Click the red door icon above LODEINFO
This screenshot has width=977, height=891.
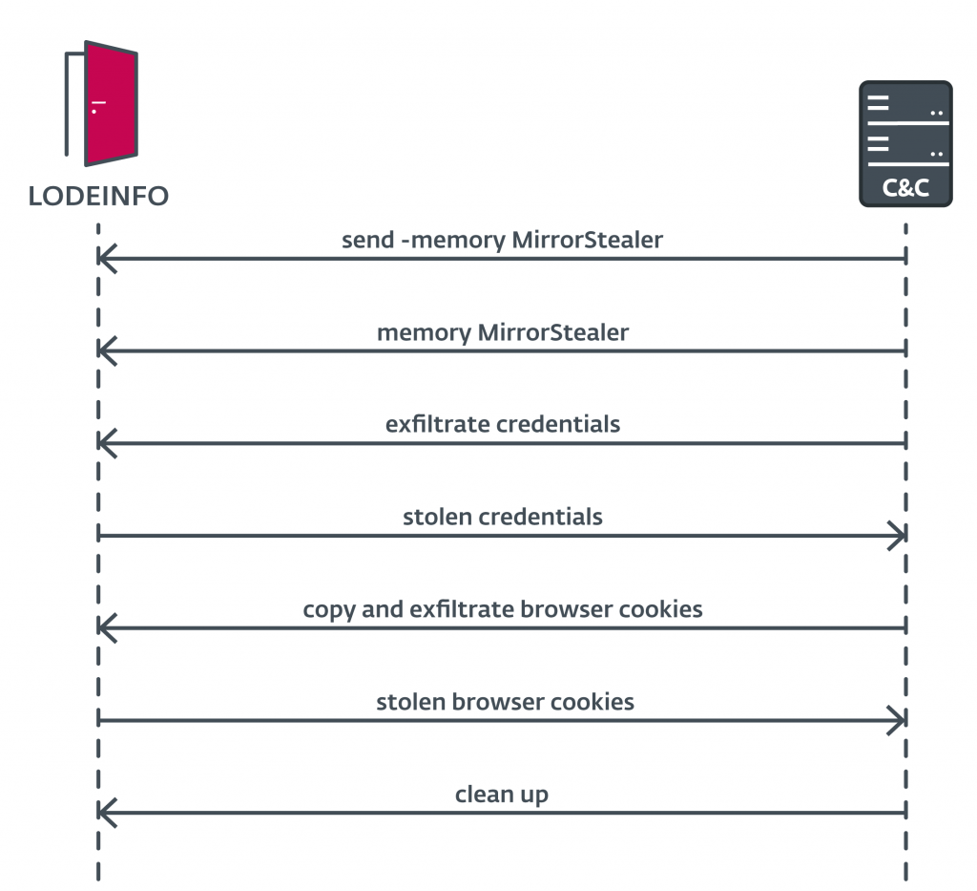(x=111, y=103)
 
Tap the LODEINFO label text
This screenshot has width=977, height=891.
(x=98, y=196)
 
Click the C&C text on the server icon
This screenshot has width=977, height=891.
(x=904, y=188)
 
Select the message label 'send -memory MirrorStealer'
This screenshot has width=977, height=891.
(x=502, y=240)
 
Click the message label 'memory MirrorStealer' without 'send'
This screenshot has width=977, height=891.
(x=502, y=332)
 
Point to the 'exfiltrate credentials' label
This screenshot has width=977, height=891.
(x=502, y=424)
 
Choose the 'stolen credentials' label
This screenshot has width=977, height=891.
(x=502, y=517)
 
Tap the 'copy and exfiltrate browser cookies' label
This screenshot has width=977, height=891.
(x=502, y=608)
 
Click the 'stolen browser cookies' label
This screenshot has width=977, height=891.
(x=505, y=702)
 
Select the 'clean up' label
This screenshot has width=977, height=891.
(x=501, y=794)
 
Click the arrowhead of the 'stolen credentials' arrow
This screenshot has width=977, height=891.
(x=898, y=536)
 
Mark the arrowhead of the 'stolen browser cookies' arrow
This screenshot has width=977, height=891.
(x=898, y=721)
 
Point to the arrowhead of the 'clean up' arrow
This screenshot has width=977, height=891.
(x=105, y=813)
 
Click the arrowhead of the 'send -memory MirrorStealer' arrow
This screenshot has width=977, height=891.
(x=105, y=258)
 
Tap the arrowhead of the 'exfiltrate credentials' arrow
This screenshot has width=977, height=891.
(x=105, y=443)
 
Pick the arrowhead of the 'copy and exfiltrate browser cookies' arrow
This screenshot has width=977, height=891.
(x=105, y=628)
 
